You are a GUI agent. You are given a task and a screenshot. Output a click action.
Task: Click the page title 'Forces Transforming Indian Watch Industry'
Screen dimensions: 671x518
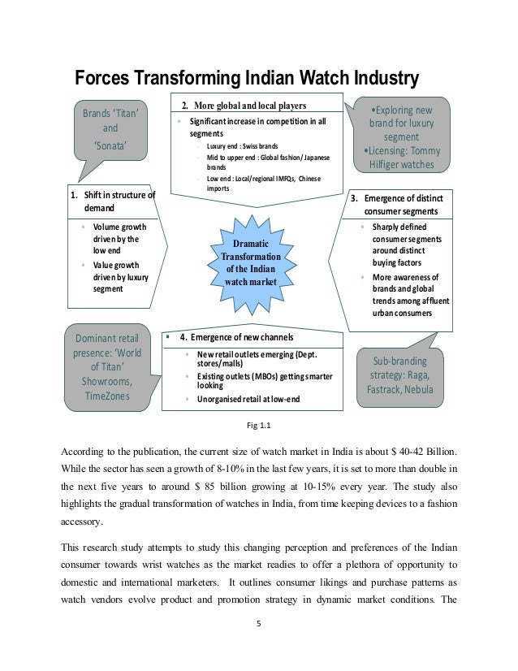click(246, 78)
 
